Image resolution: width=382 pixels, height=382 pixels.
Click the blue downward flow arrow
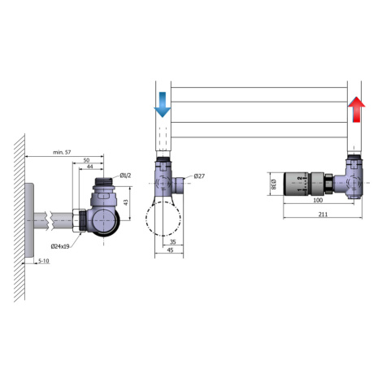(x=163, y=105)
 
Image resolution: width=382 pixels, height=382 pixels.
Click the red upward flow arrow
(x=357, y=109)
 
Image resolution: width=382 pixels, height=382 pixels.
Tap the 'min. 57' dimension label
(x=62, y=152)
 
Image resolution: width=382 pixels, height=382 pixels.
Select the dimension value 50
(x=86, y=160)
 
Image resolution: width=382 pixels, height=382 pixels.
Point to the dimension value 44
(x=89, y=167)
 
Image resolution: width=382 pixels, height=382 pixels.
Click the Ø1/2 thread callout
(x=125, y=176)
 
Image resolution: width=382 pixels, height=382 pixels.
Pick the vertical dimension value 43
(x=126, y=202)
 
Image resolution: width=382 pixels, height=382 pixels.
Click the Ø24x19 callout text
(x=60, y=246)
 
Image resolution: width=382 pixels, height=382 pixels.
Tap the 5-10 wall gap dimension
(x=44, y=261)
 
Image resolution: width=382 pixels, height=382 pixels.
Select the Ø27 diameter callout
(x=199, y=176)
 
